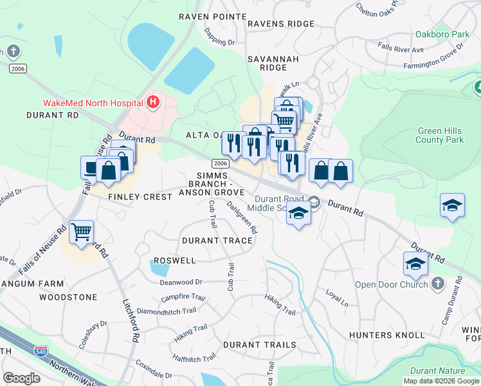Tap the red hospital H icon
click(153, 102)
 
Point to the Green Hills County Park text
click(440, 134)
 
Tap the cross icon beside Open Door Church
click(437, 284)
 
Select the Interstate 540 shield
click(39, 351)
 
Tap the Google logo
click(21, 378)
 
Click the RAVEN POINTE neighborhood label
click(212, 16)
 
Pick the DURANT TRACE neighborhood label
click(217, 241)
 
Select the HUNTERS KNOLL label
click(386, 335)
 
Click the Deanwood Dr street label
click(181, 282)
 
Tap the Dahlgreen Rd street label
click(242, 217)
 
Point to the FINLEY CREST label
click(140, 197)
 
